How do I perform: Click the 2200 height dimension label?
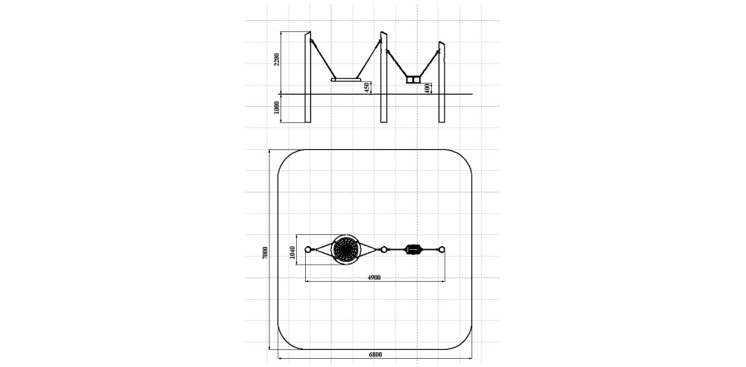(x=277, y=61)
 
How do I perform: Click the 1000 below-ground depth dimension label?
(x=277, y=108)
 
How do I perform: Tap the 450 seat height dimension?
(x=367, y=87)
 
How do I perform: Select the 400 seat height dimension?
(x=427, y=88)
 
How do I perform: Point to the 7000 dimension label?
(x=265, y=253)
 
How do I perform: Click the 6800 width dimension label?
(x=375, y=354)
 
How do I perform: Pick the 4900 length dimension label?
(x=374, y=277)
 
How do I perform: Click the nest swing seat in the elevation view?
(x=346, y=80)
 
